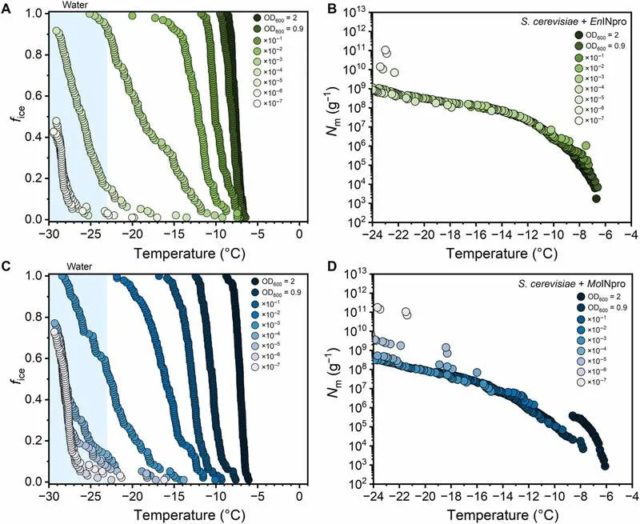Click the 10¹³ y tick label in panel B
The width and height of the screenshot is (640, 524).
click(356, 11)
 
